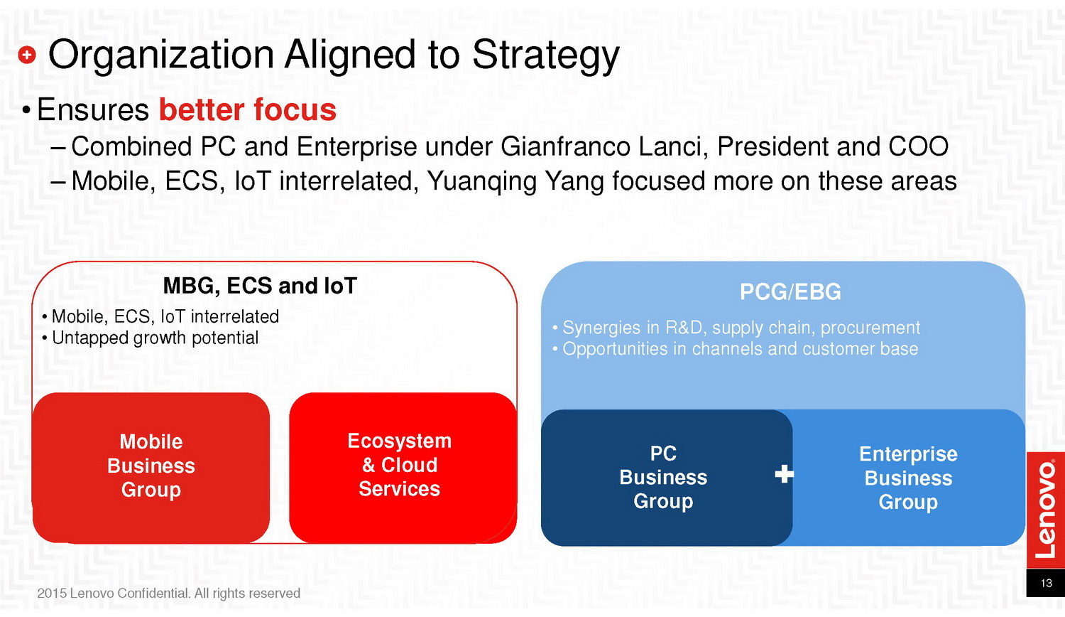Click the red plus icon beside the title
point(27,55)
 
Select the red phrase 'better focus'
point(247,109)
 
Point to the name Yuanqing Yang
point(515,182)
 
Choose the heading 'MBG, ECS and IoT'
point(260,286)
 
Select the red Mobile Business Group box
point(151,468)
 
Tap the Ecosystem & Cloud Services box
point(403,468)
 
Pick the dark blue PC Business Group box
point(667,478)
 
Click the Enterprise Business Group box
point(909,478)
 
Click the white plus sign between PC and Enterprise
point(784,474)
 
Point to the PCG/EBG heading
point(790,292)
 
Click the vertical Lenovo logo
point(1046,509)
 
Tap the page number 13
point(1046,583)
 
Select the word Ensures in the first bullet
point(93,109)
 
